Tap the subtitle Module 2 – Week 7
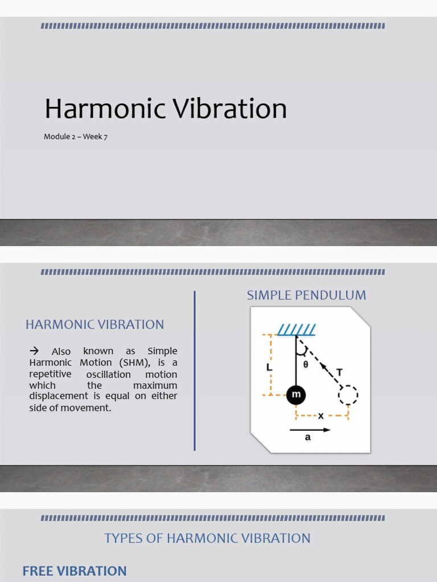tap(76, 137)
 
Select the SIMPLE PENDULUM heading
tap(306, 296)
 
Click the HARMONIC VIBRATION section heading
tap(94, 325)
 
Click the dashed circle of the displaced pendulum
tap(348, 394)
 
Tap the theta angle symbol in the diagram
tap(306, 365)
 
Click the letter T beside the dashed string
tap(340, 372)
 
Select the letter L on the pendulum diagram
tap(269, 367)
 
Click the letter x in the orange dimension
tap(321, 415)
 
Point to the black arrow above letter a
tap(310, 430)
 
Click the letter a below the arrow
tap(308, 438)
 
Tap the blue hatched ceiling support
tap(296, 330)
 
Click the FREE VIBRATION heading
tap(75, 571)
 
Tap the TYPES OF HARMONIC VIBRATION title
tap(207, 538)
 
